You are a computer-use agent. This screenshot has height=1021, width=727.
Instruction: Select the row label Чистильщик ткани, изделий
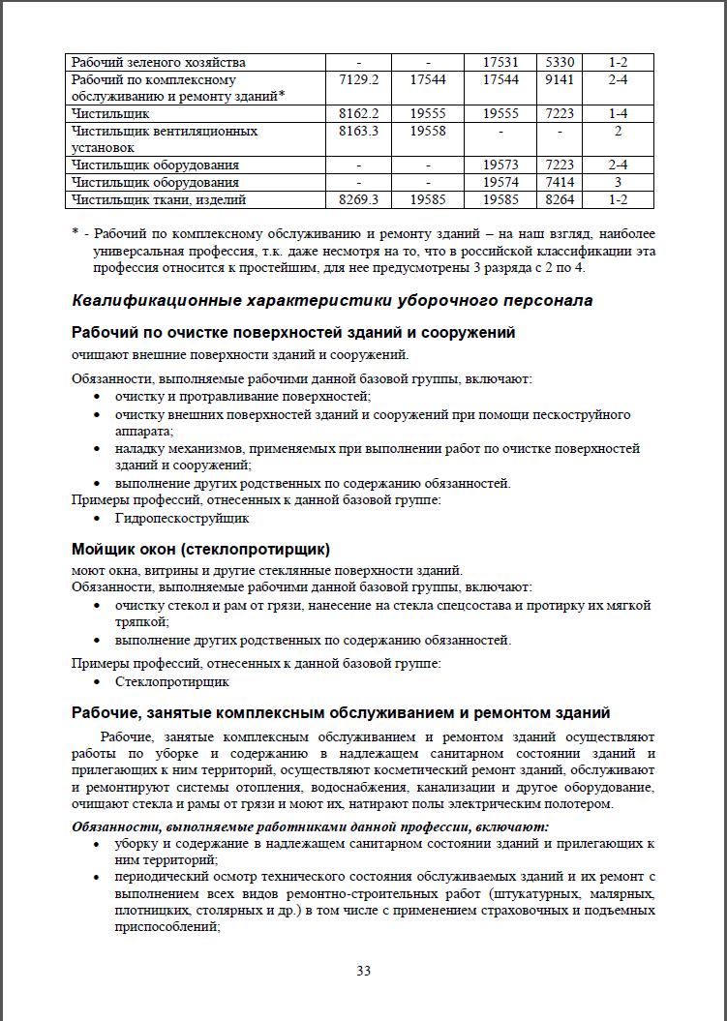coord(160,199)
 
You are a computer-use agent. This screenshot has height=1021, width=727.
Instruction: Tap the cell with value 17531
coord(501,63)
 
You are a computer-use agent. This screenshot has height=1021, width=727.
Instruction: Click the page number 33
coord(363,971)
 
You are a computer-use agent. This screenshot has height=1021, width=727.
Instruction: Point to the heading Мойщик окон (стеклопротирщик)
coord(201,549)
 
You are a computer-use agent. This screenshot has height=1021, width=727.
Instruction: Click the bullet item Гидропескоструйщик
coord(174,518)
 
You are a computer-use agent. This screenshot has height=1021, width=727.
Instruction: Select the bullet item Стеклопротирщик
coord(171,681)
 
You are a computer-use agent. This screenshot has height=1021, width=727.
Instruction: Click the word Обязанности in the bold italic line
coord(117,826)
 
